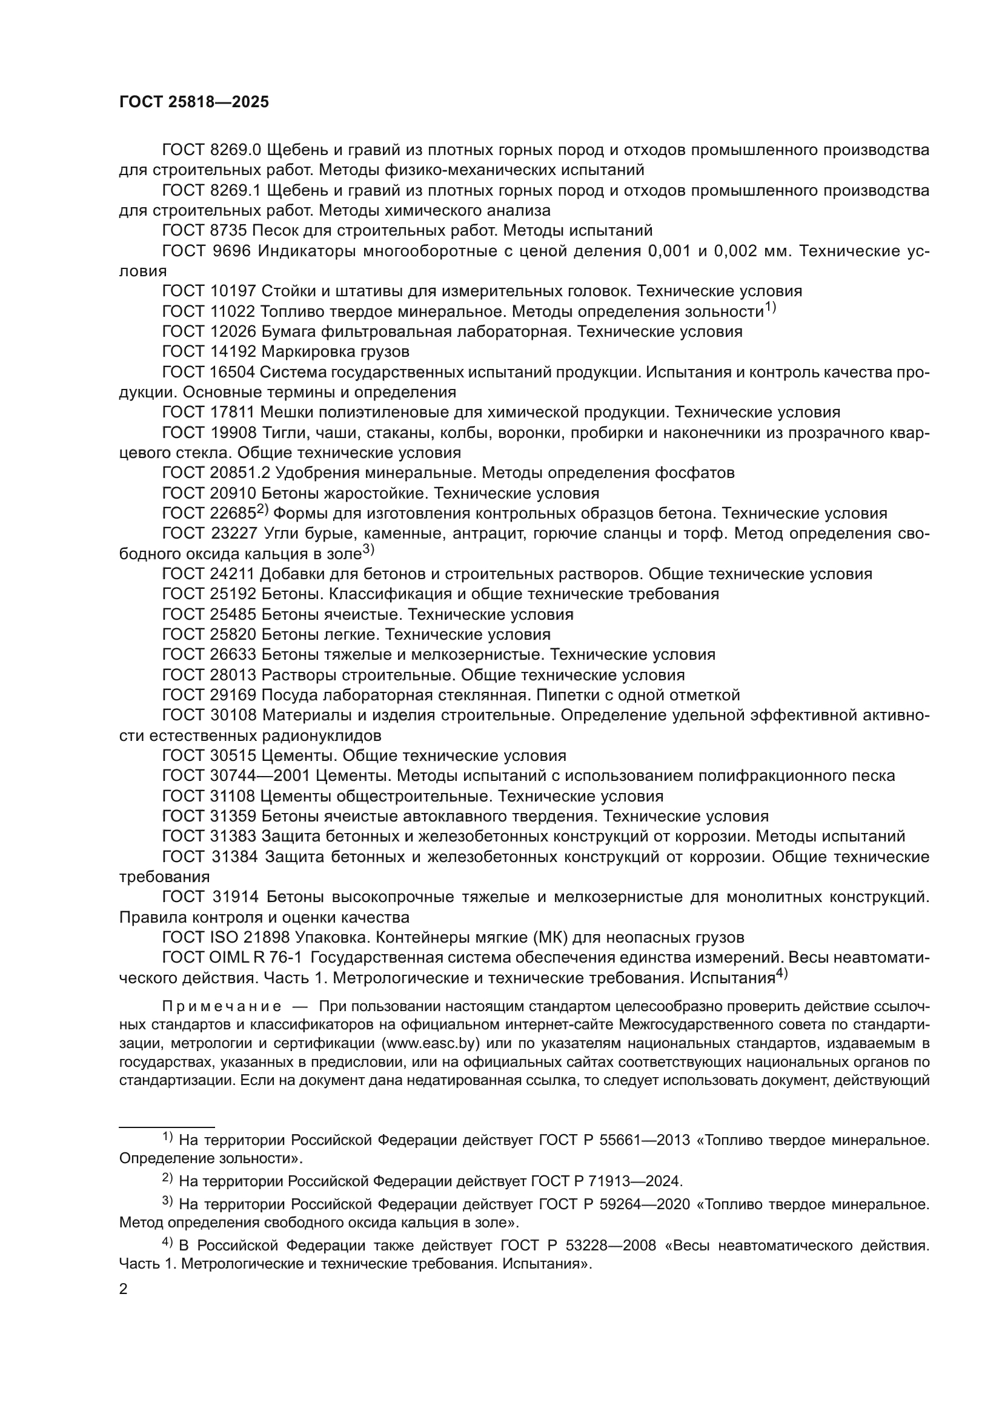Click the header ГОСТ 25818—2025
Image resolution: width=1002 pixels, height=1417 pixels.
click(x=194, y=102)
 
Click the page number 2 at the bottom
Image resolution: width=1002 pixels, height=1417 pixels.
click(x=124, y=1290)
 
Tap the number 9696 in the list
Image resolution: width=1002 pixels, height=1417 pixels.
click(x=231, y=251)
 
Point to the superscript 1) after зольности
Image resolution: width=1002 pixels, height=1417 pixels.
click(x=770, y=307)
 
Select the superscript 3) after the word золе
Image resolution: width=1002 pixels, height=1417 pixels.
click(x=368, y=549)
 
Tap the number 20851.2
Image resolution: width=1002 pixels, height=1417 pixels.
click(x=239, y=473)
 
